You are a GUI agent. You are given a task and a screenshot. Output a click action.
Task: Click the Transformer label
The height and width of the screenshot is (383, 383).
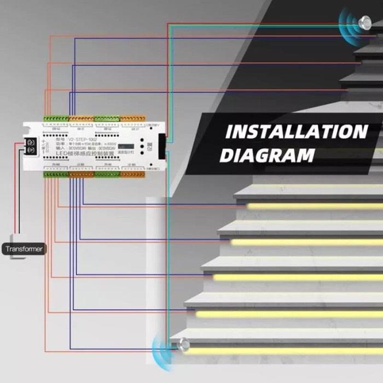(x=25, y=249)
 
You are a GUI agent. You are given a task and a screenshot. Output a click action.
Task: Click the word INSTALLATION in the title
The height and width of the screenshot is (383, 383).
(x=296, y=132)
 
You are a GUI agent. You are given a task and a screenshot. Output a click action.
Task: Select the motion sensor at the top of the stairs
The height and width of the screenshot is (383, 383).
(x=363, y=22)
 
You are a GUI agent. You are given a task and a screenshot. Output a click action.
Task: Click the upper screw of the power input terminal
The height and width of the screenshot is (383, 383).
(x=31, y=142)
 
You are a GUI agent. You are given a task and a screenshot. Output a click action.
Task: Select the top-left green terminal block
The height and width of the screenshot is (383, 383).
(x=56, y=118)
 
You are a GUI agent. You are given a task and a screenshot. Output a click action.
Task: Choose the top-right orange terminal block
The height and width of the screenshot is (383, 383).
(x=133, y=118)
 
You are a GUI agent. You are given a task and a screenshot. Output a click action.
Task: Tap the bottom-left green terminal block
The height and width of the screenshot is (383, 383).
(x=56, y=174)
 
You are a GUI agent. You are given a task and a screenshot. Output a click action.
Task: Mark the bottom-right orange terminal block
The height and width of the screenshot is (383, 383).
(x=133, y=174)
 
